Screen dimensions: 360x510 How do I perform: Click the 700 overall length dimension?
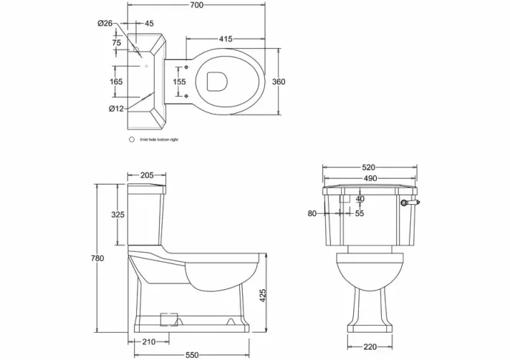point(197,6)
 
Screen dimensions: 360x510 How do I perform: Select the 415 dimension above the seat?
point(225,39)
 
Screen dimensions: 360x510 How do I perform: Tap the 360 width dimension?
point(279,82)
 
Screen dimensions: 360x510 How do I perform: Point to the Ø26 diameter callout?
point(105,24)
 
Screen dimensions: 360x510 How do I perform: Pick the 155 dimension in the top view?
point(179,82)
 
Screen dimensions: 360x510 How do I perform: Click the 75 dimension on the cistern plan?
point(117,42)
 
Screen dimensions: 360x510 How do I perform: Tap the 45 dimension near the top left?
point(149,24)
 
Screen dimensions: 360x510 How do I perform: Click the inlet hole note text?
point(160,139)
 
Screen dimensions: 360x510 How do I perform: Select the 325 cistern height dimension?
point(118,215)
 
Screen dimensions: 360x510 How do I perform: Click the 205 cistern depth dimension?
point(147,175)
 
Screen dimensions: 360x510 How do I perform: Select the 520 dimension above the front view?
point(369,167)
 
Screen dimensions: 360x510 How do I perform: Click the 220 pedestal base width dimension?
point(370,347)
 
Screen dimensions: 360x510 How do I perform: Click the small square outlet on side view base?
point(169,315)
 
